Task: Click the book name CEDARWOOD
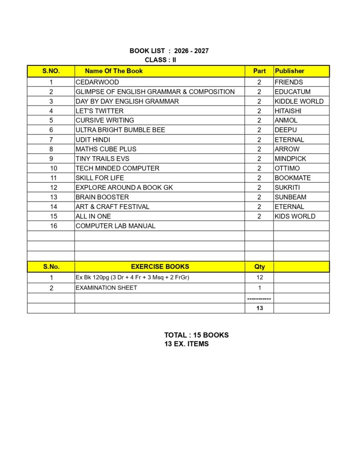97,82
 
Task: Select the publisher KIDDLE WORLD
299,101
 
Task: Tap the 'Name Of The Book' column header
114,71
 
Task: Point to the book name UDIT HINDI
93,140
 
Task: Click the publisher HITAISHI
288,111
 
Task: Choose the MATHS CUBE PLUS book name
106,149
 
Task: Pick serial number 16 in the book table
54,226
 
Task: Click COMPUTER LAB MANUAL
116,226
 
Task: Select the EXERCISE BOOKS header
160,267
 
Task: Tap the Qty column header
259,267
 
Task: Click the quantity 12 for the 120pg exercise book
259,277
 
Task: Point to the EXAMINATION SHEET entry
106,288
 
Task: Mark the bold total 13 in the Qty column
259,308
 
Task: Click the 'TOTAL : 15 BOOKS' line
196,335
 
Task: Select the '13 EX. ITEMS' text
187,344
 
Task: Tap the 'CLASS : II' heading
160,60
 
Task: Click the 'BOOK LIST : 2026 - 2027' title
169,51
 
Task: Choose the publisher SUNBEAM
290,197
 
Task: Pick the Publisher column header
289,71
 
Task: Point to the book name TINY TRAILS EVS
102,159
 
